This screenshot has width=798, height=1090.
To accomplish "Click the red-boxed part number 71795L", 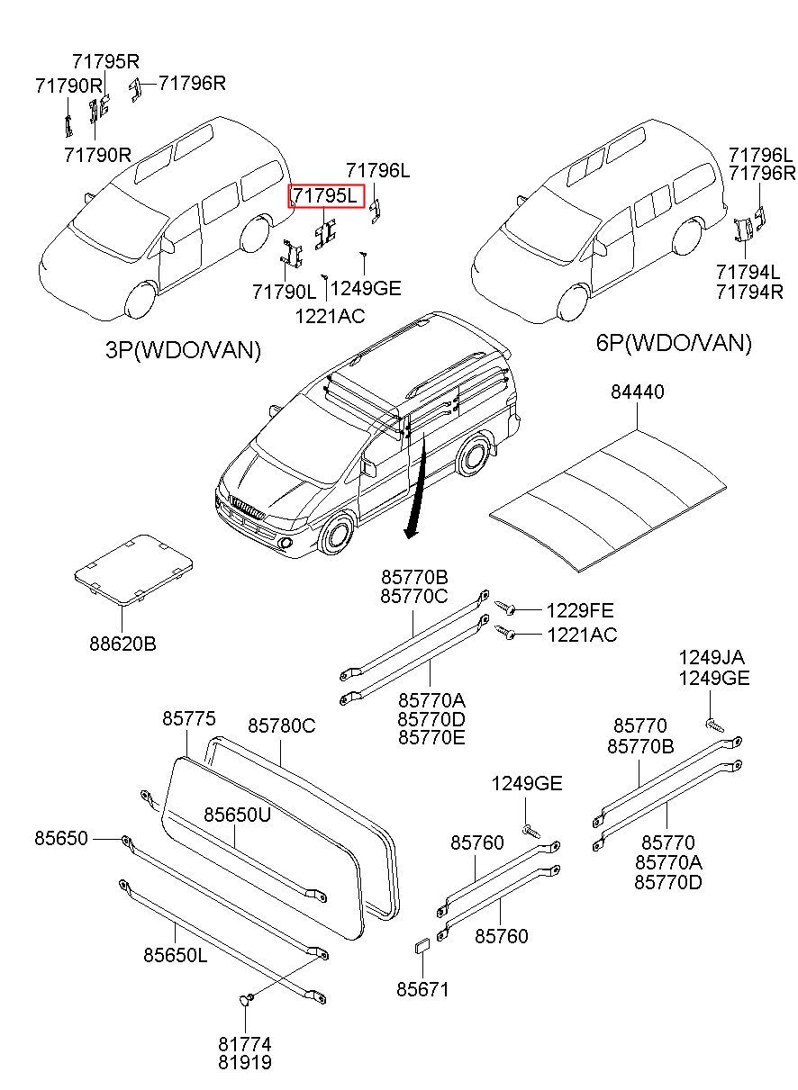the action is [x=325, y=196].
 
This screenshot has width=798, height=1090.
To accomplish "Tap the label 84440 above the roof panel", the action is [x=637, y=392].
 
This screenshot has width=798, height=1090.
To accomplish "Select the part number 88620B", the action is [x=122, y=644].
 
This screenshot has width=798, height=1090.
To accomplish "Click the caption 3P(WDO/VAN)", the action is [x=183, y=350].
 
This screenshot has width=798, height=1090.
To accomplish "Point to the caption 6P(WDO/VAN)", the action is [x=674, y=343].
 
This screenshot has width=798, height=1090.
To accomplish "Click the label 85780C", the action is [x=281, y=726].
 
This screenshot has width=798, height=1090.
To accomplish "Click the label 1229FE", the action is [x=580, y=610].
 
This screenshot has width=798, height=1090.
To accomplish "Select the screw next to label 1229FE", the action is [x=506, y=607].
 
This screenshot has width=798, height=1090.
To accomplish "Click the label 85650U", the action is [x=237, y=815].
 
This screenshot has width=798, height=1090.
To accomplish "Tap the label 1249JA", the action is [x=712, y=658].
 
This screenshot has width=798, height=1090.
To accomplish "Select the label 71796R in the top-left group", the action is [x=193, y=83].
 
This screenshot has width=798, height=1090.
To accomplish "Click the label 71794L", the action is [x=748, y=272].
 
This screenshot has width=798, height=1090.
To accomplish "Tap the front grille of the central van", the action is [x=248, y=508].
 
